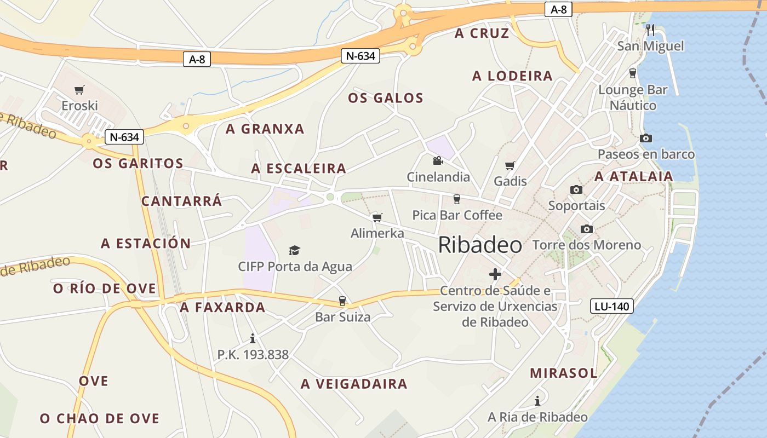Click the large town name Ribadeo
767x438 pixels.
[480, 245]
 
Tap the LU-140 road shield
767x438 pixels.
[611, 306]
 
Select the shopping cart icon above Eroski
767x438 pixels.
[79, 90]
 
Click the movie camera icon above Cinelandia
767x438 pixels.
[438, 161]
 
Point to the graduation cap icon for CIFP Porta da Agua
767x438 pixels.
[295, 250]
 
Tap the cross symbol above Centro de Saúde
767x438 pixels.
[495, 274]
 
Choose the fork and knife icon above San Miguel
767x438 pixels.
[650, 30]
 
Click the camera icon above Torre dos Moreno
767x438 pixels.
[587, 229]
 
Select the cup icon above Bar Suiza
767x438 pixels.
[342, 301]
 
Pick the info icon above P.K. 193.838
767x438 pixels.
[253, 338]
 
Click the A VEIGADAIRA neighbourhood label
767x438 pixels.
[354, 384]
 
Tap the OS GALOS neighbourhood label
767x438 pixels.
[386, 98]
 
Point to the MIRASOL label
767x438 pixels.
[563, 373]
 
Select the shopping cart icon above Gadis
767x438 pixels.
[510, 165]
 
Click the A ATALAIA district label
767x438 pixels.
[634, 176]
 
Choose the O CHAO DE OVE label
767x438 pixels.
[100, 419]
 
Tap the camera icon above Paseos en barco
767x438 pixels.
[646, 138]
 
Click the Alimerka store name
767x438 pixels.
[377, 233]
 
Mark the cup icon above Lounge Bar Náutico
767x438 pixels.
[633, 73]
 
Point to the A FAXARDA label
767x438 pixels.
[223, 308]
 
